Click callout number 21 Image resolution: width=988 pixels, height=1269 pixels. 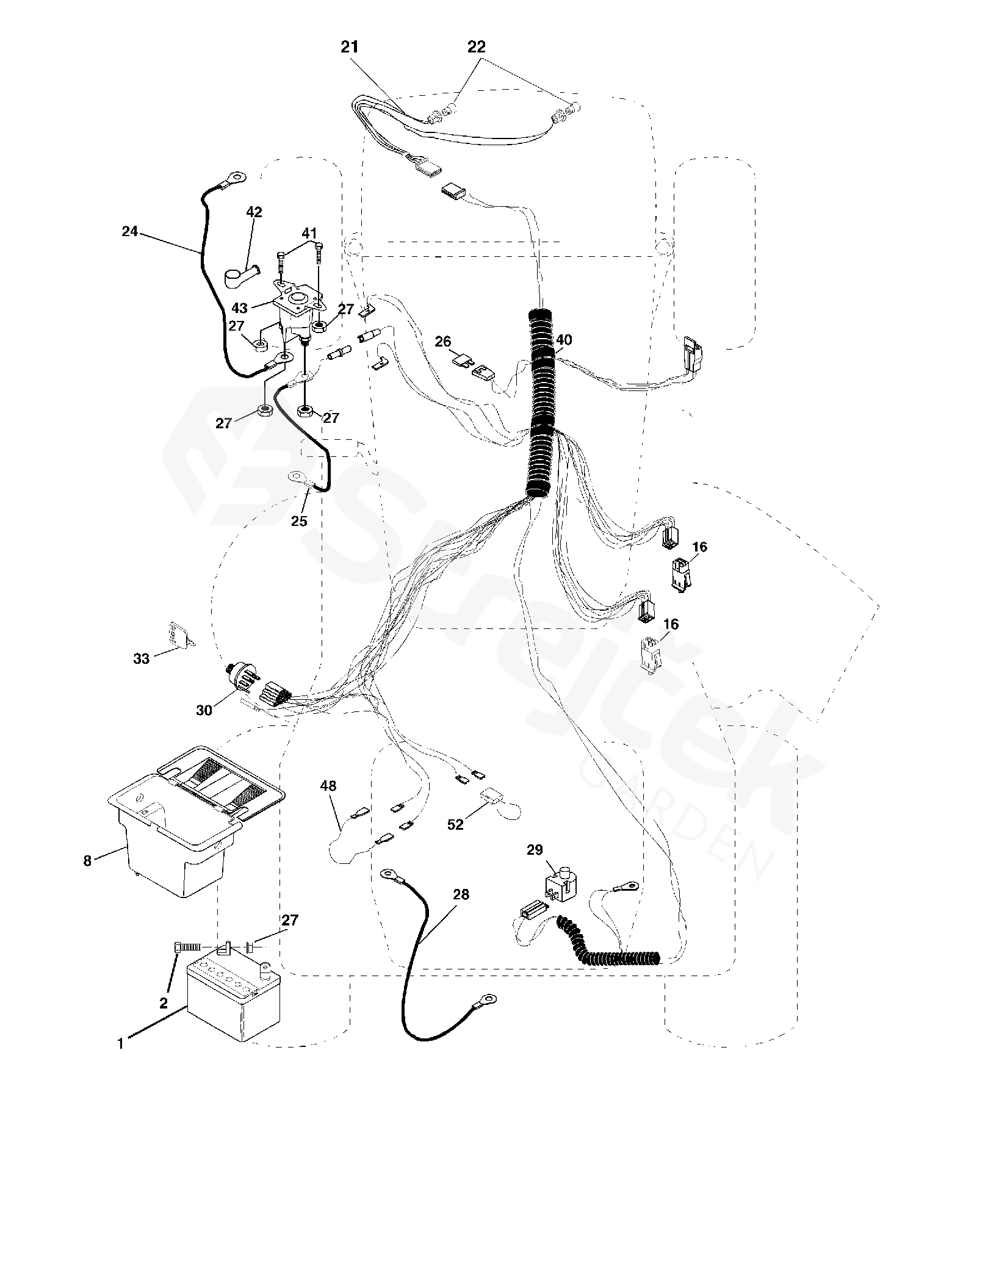(x=350, y=48)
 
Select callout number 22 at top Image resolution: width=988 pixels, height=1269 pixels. (x=477, y=46)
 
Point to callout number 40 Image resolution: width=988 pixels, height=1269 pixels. (x=564, y=340)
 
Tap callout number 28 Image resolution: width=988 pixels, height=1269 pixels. (x=461, y=894)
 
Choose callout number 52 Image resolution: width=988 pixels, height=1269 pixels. (x=455, y=825)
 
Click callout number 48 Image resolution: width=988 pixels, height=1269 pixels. (x=328, y=786)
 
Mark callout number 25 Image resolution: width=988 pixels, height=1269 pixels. (x=299, y=520)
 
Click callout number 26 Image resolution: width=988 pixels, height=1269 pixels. (x=443, y=342)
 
